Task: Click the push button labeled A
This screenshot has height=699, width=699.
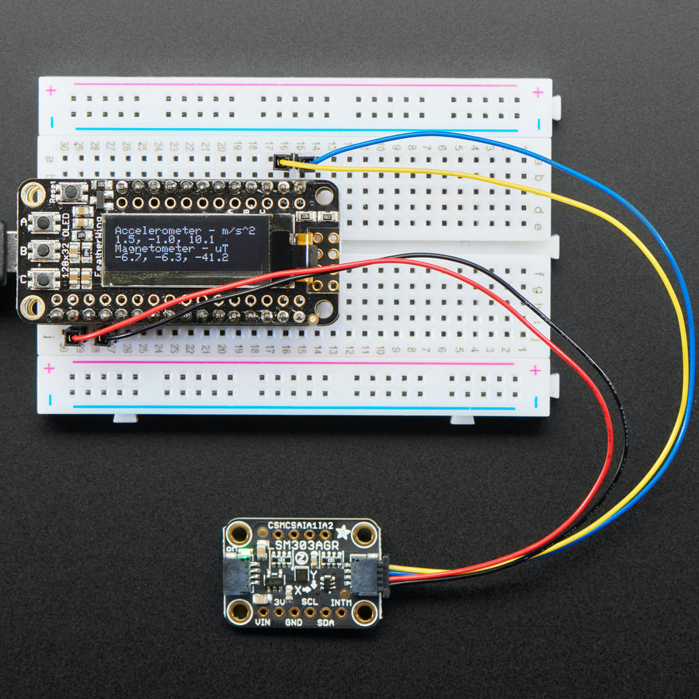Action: point(44,223)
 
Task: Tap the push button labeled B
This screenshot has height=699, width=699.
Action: point(44,250)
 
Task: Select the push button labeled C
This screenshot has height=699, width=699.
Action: point(44,277)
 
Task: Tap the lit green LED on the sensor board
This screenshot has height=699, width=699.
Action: point(243,554)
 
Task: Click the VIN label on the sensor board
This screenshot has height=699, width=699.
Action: point(263,622)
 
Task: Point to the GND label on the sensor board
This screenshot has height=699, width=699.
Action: point(294,622)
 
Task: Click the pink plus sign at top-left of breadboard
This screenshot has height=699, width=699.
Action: point(51,91)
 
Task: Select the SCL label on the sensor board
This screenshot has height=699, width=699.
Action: point(309,602)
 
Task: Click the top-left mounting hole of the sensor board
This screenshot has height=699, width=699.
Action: point(238,534)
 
